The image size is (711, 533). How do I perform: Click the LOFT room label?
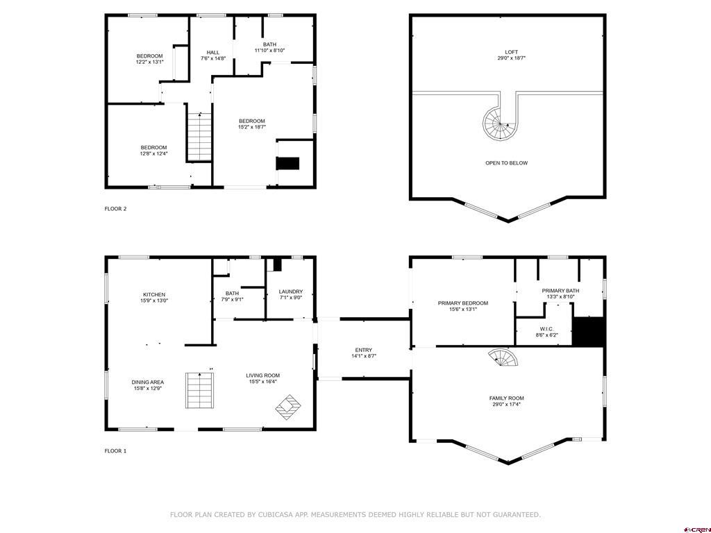coord(511,52)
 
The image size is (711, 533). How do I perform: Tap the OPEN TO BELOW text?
coord(506,163)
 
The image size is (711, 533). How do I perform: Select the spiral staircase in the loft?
coord(499,124)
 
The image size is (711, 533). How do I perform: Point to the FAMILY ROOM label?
coord(506,398)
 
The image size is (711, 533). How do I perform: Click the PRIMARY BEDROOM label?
coord(462,303)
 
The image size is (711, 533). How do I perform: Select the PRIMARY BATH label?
coord(560,291)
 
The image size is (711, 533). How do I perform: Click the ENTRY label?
coord(363,350)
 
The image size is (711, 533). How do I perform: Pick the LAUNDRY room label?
coord(290,292)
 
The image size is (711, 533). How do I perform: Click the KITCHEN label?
coord(154,294)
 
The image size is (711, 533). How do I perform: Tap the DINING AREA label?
coord(147,382)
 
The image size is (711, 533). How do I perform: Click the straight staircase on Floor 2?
coord(199,137)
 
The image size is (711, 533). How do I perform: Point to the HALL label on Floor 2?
coord(213,53)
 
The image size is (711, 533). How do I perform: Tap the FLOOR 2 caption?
coord(115,208)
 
